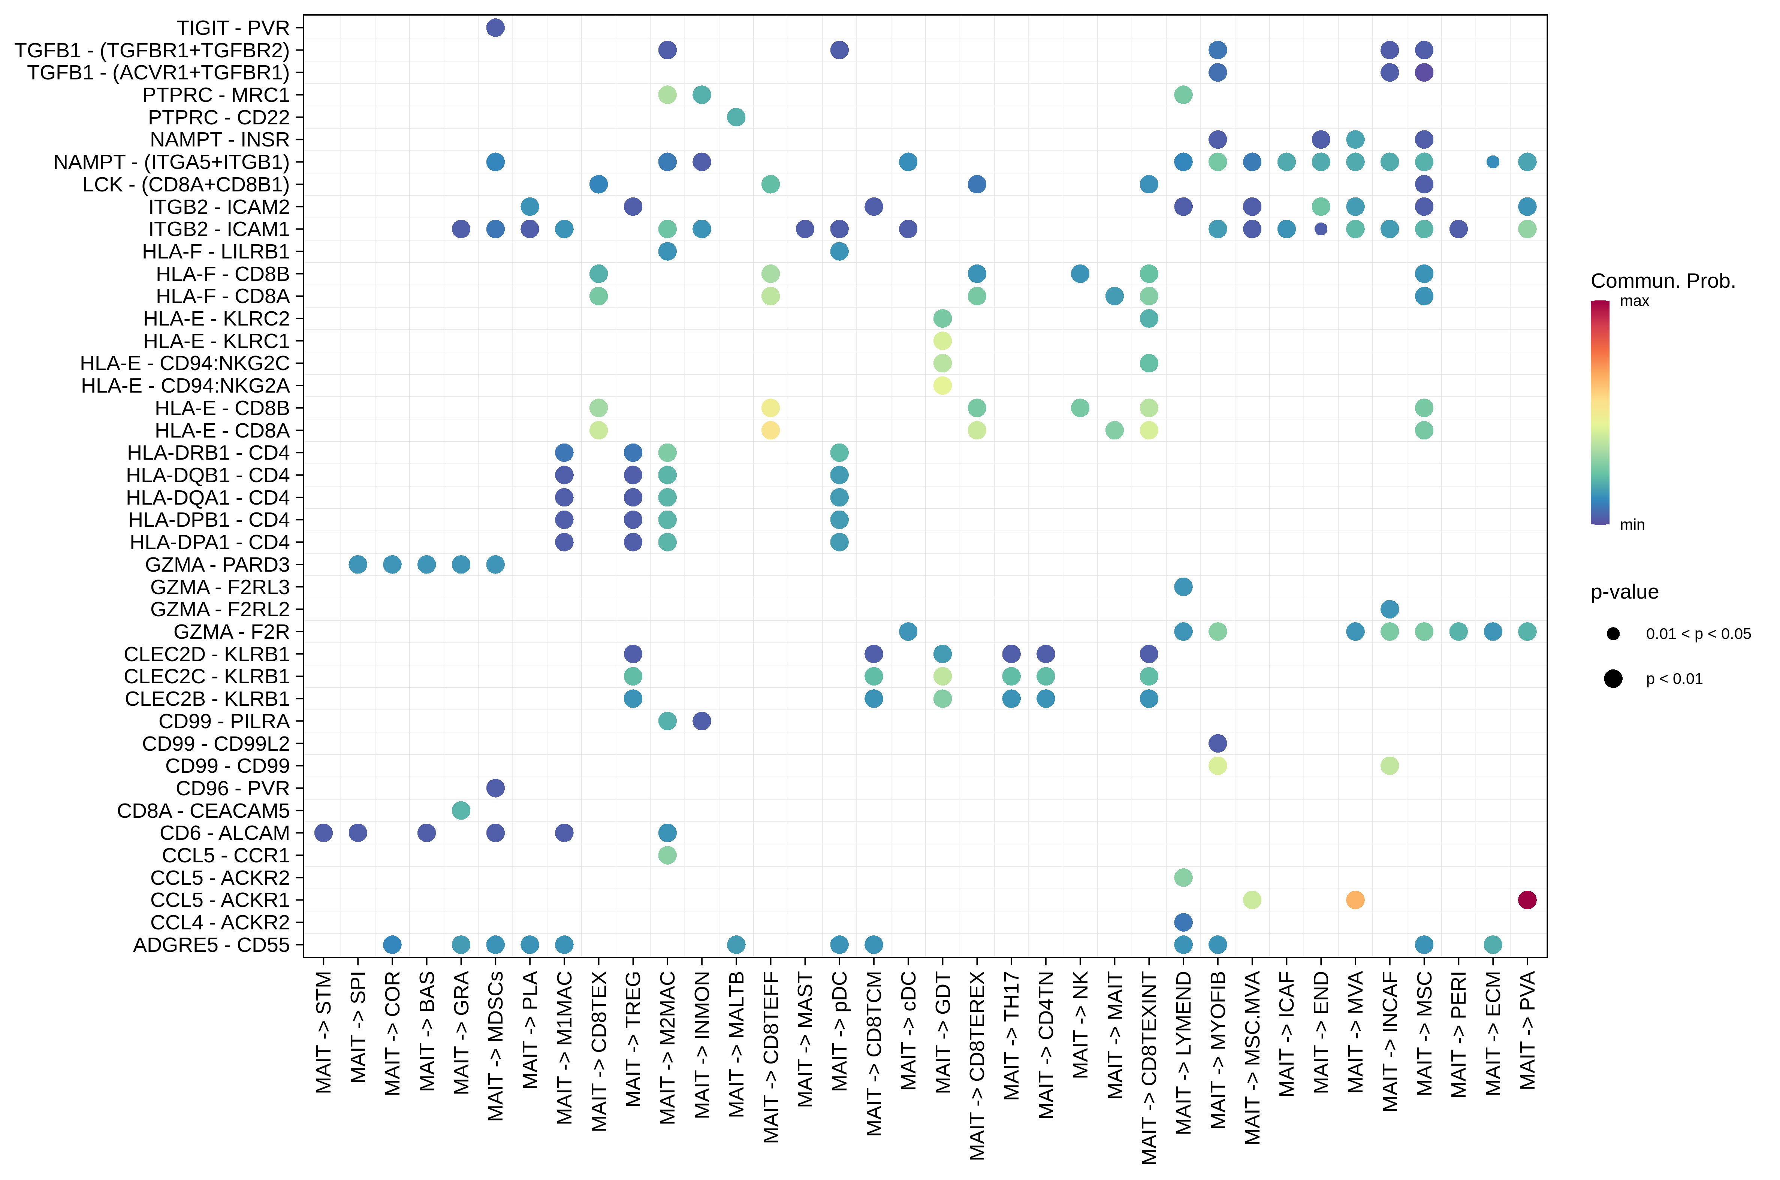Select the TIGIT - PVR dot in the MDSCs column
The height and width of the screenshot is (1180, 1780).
click(495, 28)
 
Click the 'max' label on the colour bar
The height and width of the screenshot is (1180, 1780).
click(1634, 301)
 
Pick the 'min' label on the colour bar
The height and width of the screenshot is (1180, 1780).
click(1632, 524)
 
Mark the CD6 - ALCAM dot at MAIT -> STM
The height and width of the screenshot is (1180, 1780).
click(324, 832)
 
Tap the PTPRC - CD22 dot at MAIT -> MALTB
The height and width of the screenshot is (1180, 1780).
click(736, 117)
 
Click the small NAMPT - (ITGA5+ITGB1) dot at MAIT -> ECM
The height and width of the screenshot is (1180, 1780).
click(1493, 162)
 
